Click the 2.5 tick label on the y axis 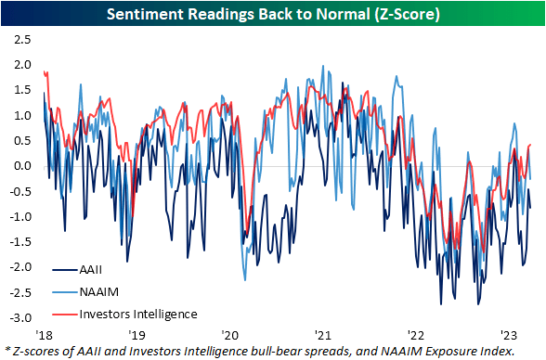pyautogui.click(x=19, y=41)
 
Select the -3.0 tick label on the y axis pyautogui.click(x=18, y=317)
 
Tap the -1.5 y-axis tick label pyautogui.click(x=18, y=241)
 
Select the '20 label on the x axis pyautogui.click(x=229, y=332)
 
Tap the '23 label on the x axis pyautogui.click(x=508, y=332)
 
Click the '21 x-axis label pyautogui.click(x=322, y=332)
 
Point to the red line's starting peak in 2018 pyautogui.click(x=45, y=72)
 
